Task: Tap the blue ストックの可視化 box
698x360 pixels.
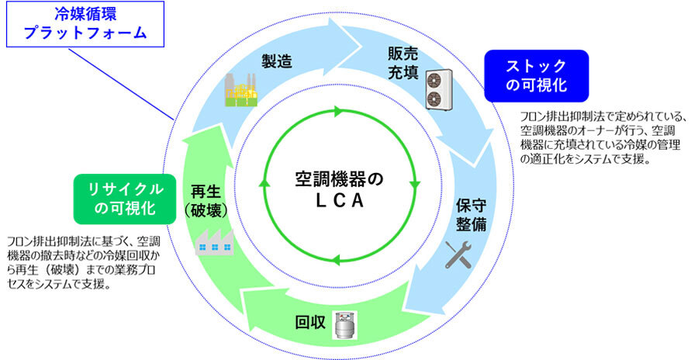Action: (536, 75)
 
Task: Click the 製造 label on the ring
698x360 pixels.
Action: (276, 62)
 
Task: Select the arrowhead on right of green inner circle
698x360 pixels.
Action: (416, 185)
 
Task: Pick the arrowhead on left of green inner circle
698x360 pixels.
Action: (264, 186)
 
